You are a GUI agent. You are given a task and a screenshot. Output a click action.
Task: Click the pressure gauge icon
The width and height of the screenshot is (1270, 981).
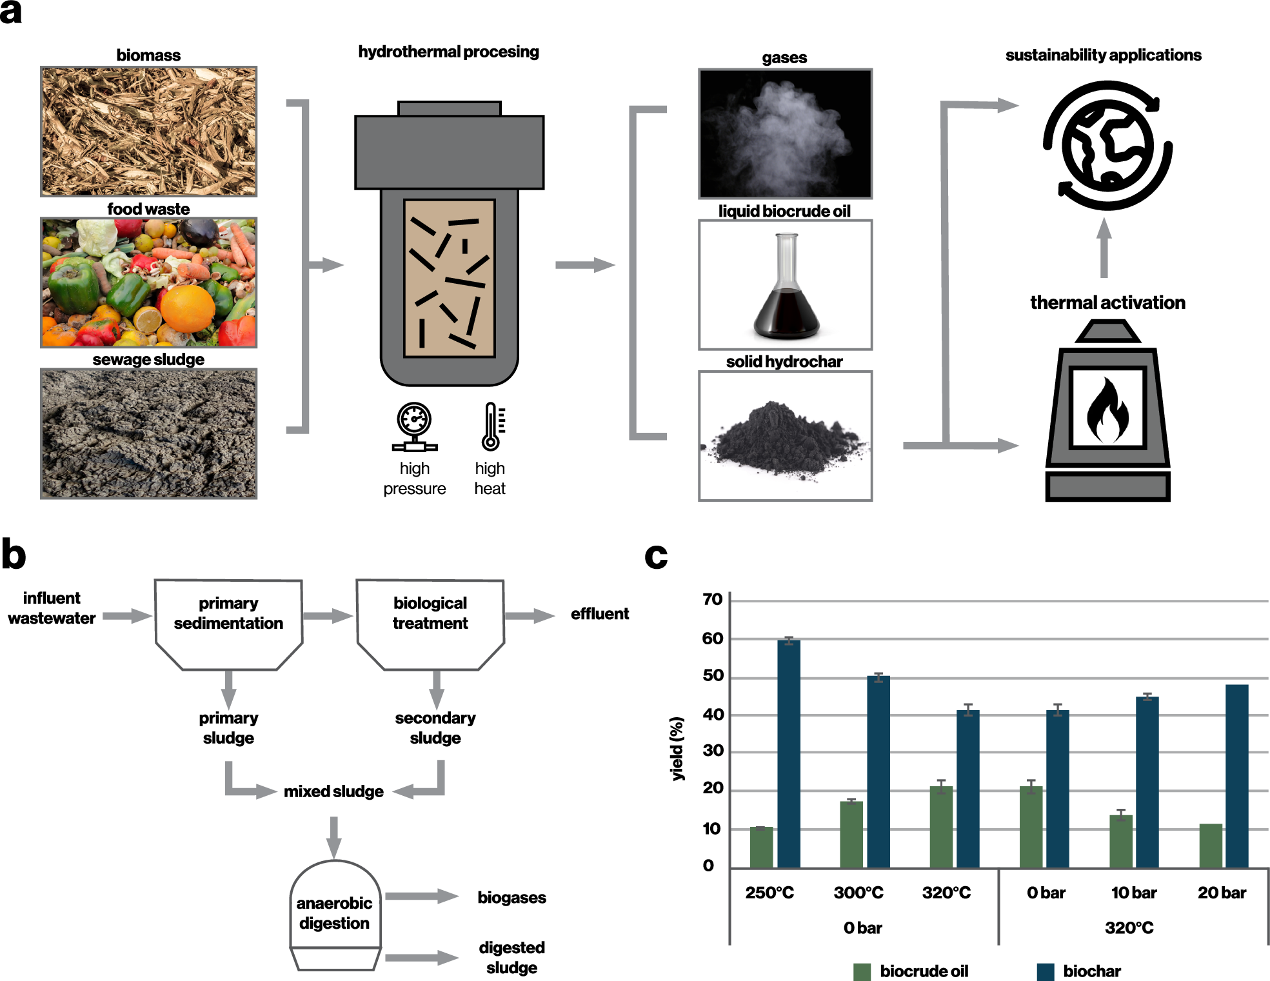[414, 426]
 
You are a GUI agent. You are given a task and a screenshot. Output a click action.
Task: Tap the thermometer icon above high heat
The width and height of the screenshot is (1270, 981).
[491, 426]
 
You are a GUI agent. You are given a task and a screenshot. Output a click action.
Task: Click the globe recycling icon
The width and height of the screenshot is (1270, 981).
[1107, 146]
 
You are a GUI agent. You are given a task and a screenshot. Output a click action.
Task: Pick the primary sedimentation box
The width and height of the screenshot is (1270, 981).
[228, 622]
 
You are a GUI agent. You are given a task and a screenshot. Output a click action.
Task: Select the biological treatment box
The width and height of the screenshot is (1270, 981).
[430, 622]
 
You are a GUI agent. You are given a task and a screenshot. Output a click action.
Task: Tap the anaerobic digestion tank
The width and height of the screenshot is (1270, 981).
[335, 913]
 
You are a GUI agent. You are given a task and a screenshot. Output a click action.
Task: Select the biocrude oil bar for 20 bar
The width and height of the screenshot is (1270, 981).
[1211, 846]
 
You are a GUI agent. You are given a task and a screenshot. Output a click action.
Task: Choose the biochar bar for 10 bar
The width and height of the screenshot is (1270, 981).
[1147, 782]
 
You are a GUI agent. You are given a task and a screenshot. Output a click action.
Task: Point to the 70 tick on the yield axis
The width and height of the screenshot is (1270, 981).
[713, 600]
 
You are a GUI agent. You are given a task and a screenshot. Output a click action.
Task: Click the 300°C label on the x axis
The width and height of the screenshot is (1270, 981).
[858, 893]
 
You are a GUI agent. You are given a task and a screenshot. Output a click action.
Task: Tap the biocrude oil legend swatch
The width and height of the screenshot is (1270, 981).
[862, 971]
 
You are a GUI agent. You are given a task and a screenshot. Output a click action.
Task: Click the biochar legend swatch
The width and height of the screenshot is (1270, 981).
[1045, 971]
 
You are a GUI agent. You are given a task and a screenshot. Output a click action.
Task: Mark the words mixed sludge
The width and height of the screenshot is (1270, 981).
[333, 791]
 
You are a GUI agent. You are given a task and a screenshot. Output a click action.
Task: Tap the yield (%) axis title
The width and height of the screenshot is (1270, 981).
[677, 748]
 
